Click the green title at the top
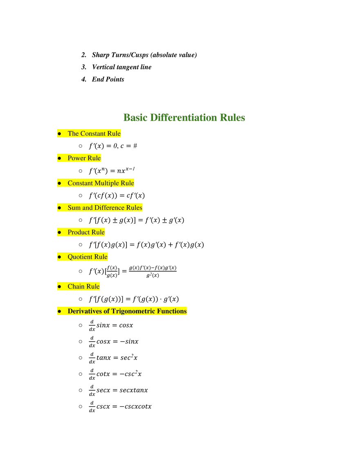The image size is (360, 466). pyautogui.click(x=185, y=117)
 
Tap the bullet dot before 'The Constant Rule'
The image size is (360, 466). pyautogui.click(x=59, y=134)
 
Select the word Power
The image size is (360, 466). pyautogui.click(x=76, y=158)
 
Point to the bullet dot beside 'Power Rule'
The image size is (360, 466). pyautogui.click(x=59, y=158)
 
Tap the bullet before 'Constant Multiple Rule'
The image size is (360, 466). pyautogui.click(x=59, y=183)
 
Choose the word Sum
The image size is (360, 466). pyautogui.click(x=74, y=207)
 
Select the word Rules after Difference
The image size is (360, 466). pyautogui.click(x=134, y=207)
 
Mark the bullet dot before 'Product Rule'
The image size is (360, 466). pyautogui.click(x=59, y=232)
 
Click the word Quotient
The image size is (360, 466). pyautogui.click(x=80, y=257)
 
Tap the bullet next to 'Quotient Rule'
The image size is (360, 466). pyautogui.click(x=59, y=257)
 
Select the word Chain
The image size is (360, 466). pyautogui.click(x=76, y=286)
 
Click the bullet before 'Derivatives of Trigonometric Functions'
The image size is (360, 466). pyautogui.click(x=59, y=311)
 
